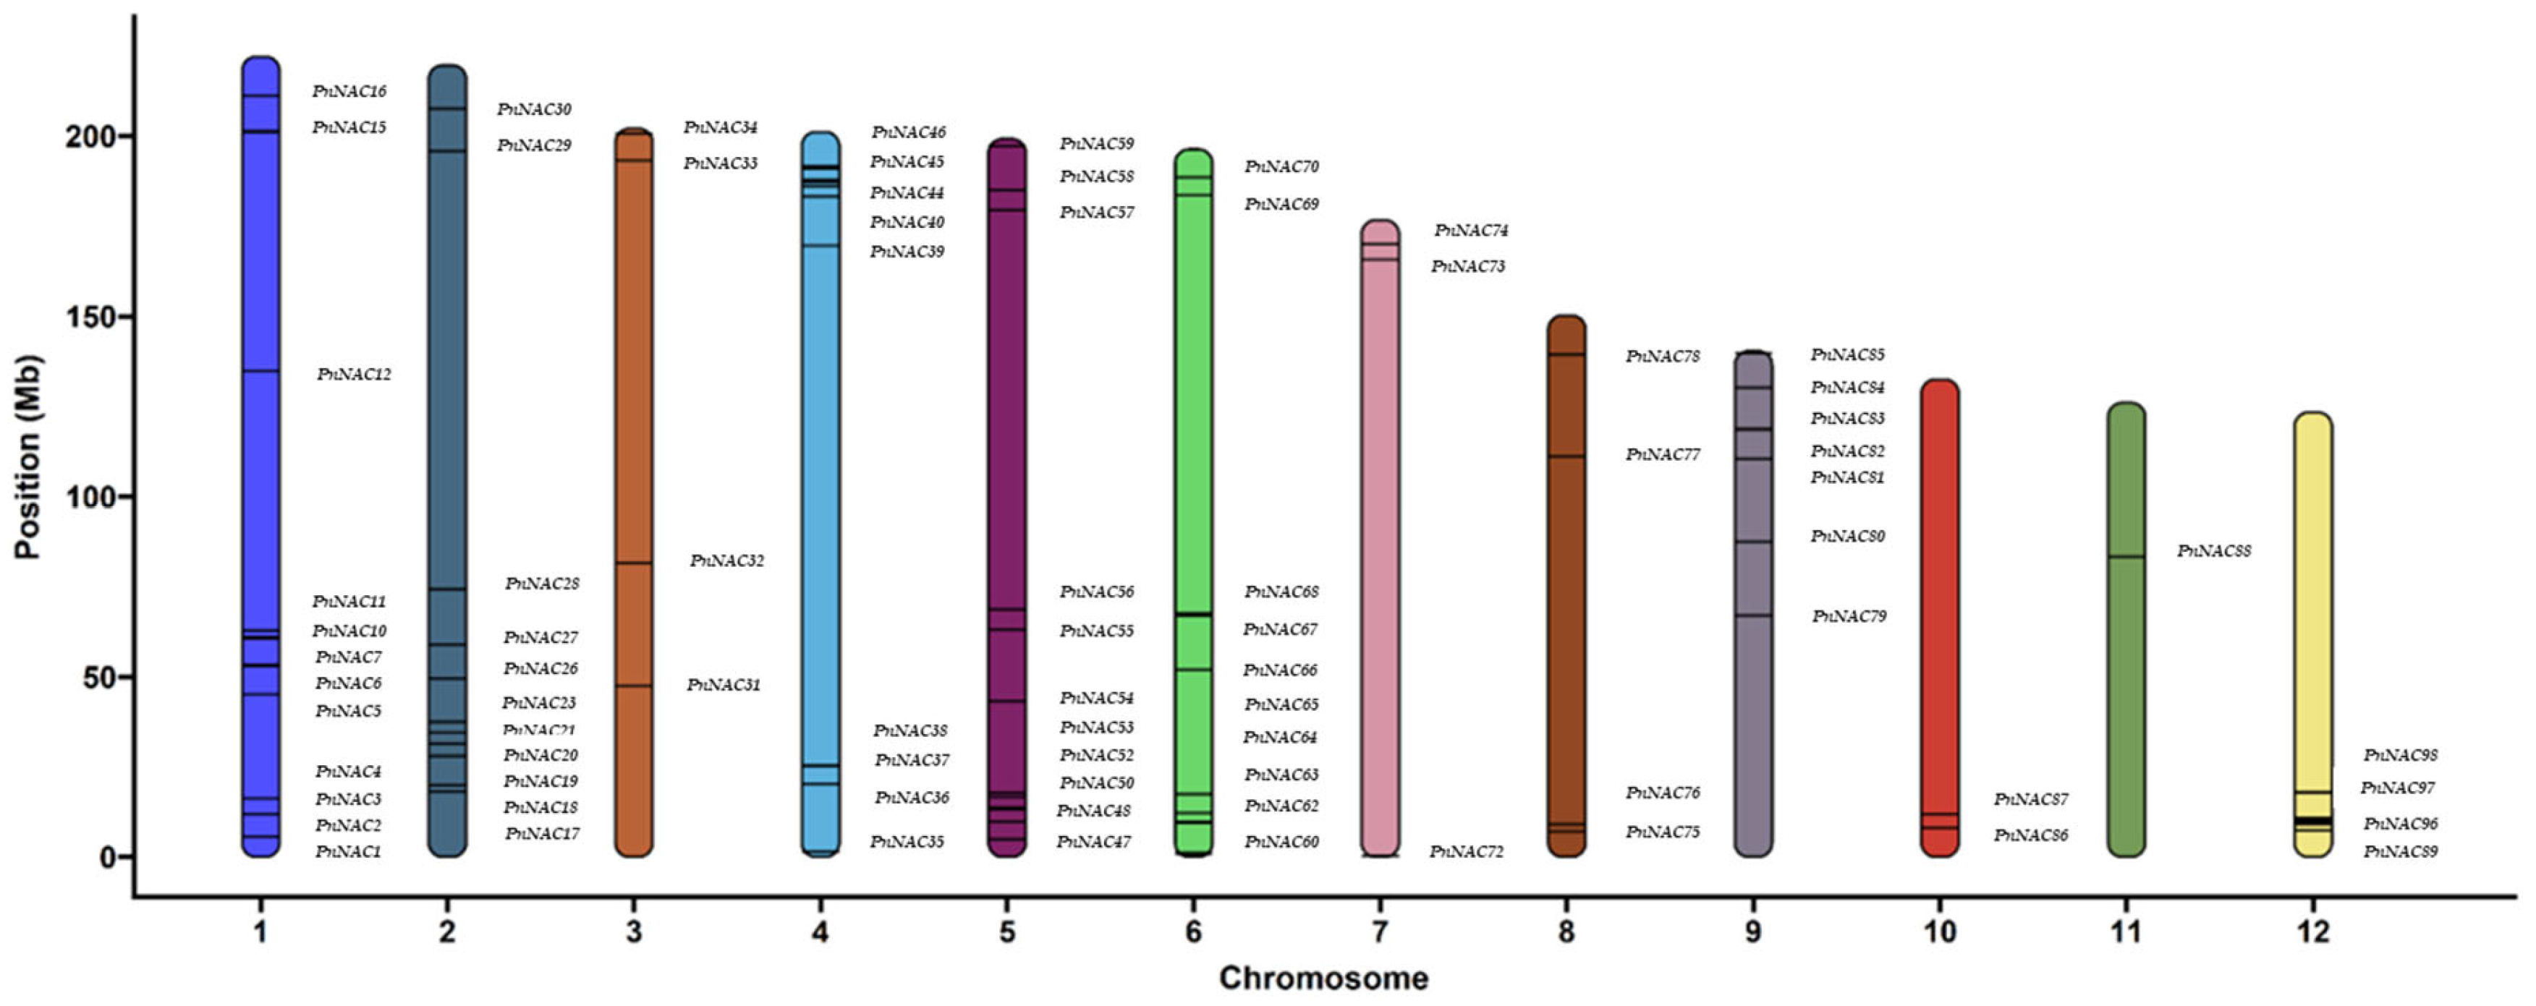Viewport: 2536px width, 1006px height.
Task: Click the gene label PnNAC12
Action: coord(353,374)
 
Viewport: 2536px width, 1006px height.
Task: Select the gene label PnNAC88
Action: coord(2213,551)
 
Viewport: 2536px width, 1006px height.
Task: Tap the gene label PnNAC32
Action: coord(726,561)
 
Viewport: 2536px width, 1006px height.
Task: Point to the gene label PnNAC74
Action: coord(1471,230)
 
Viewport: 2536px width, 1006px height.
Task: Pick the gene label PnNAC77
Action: coord(1663,455)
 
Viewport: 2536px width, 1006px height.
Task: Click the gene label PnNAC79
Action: coord(1849,616)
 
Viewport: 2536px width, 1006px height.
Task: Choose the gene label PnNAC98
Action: coord(2400,755)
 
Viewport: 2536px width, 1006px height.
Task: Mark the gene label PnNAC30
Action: coord(533,109)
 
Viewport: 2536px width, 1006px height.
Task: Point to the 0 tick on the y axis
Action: coord(109,857)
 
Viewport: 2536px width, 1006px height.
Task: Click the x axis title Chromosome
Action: coord(1323,978)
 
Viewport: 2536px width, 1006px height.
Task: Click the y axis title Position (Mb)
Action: coord(27,458)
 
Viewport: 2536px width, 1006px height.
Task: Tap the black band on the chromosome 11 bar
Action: coord(2126,557)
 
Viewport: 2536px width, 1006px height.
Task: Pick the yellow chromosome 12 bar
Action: coord(2312,591)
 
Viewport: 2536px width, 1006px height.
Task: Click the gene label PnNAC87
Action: coord(2031,799)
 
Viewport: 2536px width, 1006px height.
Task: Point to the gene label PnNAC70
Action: coord(1281,167)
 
